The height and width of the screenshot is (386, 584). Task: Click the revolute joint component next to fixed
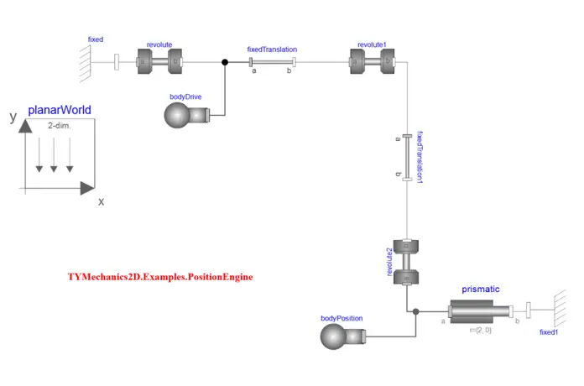tap(159, 61)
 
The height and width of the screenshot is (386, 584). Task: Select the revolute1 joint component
tap(372, 61)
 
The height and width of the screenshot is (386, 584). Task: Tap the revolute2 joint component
tap(406, 261)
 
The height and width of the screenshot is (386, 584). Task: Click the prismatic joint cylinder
tap(481, 312)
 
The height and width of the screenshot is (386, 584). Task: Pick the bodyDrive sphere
tap(177, 117)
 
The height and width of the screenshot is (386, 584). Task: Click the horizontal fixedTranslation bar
tap(272, 61)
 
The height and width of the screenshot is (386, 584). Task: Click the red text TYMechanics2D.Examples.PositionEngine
tap(160, 276)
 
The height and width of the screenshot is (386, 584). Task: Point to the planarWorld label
tap(60, 110)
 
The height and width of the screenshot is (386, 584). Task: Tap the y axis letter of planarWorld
tap(13, 117)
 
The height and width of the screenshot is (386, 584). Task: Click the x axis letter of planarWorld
tap(101, 201)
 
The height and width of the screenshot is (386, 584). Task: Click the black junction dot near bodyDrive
tap(224, 61)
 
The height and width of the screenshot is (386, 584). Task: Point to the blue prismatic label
tap(481, 289)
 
